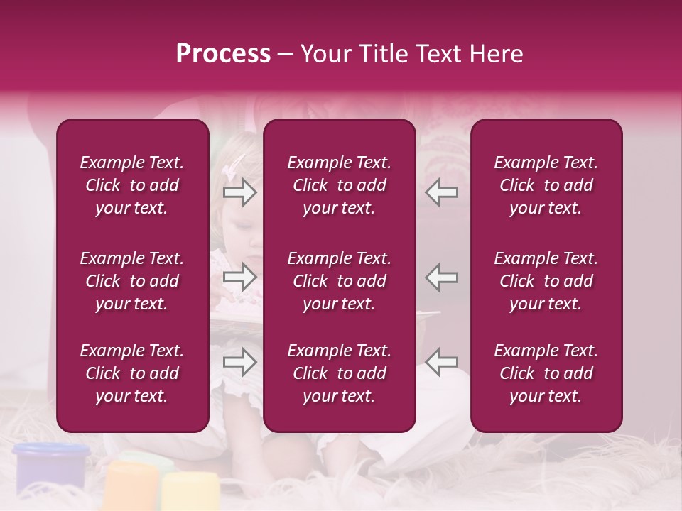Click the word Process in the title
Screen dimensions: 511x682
point(223,54)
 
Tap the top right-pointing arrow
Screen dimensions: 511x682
point(239,192)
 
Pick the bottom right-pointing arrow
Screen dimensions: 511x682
point(239,363)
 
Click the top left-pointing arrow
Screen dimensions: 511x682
point(442,192)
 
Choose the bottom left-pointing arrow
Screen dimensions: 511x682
point(442,361)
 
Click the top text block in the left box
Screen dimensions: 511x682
point(132,185)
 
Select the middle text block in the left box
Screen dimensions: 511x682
point(132,281)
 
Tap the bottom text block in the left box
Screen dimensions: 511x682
point(132,373)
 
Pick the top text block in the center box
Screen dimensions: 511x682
point(340,185)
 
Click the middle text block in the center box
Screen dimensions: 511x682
point(340,281)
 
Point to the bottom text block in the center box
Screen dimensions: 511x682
point(340,373)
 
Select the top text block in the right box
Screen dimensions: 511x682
point(546,185)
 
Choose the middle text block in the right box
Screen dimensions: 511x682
point(546,281)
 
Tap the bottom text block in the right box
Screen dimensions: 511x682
point(546,373)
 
